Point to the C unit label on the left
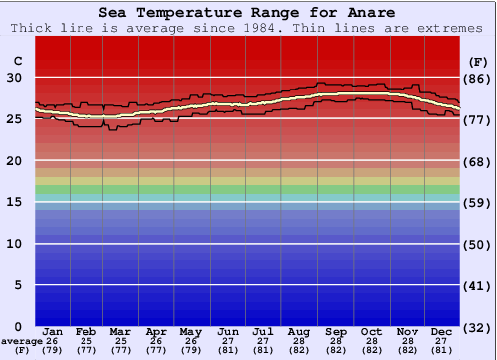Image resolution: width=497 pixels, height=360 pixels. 17,62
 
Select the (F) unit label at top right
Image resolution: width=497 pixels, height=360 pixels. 478,62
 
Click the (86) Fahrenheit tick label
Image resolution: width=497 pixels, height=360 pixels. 478,78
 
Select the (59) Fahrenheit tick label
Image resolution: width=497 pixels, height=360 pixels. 478,202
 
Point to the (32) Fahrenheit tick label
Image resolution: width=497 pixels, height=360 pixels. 478,327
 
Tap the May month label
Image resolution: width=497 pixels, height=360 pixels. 190,332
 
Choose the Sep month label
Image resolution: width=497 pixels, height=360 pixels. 336,332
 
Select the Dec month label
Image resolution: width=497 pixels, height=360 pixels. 442,332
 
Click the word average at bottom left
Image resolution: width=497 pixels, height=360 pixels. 21,341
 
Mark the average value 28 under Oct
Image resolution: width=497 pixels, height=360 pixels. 371,341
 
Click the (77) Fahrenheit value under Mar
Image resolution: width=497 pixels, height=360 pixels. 120,350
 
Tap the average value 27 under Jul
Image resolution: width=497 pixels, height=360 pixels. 263,341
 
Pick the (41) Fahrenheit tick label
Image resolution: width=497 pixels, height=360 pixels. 478,285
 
